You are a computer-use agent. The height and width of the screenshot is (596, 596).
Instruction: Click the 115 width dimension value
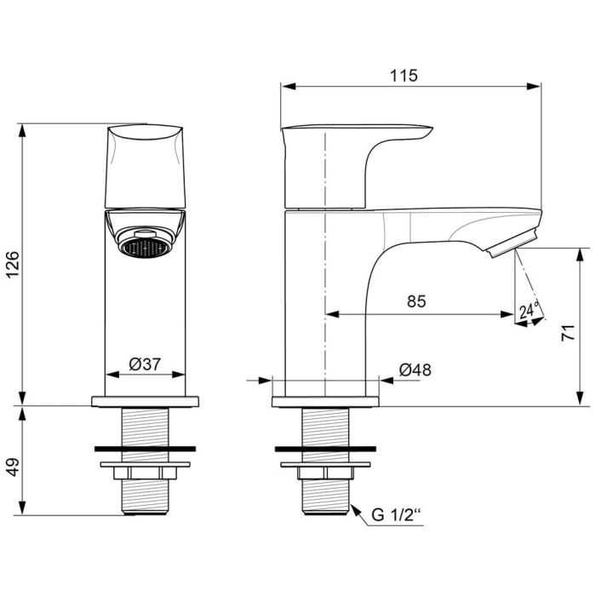pyautogui.click(x=404, y=75)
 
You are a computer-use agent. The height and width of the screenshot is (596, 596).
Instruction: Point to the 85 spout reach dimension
pyautogui.click(x=416, y=301)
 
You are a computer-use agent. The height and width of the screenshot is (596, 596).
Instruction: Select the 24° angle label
pyautogui.click(x=530, y=311)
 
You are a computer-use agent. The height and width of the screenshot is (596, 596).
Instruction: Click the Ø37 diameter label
pyautogui.click(x=145, y=364)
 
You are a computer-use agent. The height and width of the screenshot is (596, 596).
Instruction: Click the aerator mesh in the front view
pyautogui.click(x=143, y=248)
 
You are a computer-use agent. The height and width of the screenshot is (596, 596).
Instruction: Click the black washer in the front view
pyautogui.click(x=145, y=448)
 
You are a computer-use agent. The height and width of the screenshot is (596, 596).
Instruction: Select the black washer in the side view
pyautogui.click(x=326, y=448)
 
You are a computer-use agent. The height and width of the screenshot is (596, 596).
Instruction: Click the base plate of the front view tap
pyautogui.click(x=145, y=400)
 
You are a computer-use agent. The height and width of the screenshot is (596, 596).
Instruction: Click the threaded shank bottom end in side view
pyautogui.click(x=326, y=509)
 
